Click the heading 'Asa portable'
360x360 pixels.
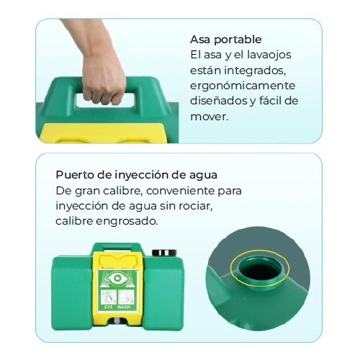point(225,40)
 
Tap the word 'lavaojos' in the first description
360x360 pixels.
point(269,55)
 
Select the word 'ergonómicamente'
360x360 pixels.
point(243,86)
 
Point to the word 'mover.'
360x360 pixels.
point(209,117)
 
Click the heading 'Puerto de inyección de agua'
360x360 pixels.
point(136,175)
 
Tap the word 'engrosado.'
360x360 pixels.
point(127,222)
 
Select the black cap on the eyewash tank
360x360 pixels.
point(164,253)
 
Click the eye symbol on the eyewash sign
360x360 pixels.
point(117,278)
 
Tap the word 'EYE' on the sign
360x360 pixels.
point(109,307)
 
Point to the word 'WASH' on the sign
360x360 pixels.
point(124,307)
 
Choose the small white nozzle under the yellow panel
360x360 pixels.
point(117,321)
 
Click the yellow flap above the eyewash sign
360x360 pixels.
point(119,261)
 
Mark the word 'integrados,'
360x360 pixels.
point(255,71)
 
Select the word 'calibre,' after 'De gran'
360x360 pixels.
point(123,191)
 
